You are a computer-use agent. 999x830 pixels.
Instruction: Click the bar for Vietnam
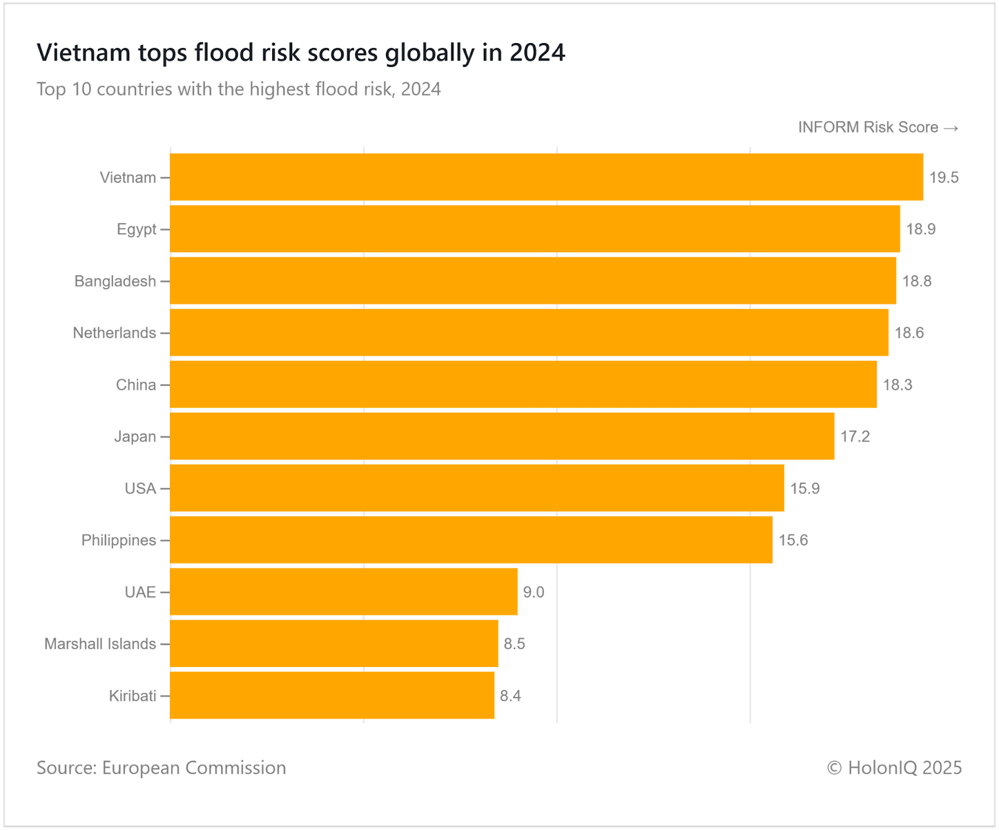546,177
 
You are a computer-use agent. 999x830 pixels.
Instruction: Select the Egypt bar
534,229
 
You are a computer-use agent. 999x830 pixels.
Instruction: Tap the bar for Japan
502,436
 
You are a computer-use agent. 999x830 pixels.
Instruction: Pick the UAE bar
343,591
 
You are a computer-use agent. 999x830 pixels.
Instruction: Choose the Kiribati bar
332,695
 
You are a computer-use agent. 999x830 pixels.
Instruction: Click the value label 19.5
943,177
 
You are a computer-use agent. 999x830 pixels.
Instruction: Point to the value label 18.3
897,385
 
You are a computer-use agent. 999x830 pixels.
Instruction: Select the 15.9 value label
805,488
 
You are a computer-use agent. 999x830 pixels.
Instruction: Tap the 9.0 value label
533,592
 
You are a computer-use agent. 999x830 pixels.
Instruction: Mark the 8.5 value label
514,644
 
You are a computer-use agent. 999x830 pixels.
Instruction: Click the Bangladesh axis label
116,281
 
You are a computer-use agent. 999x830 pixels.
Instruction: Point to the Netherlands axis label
114,333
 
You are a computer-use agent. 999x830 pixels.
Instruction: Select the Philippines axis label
119,540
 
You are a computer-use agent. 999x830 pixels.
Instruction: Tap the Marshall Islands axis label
100,644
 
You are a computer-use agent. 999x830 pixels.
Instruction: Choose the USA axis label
140,488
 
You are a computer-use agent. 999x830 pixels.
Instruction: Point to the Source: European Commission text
161,768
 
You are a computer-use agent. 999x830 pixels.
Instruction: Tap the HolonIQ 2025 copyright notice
894,768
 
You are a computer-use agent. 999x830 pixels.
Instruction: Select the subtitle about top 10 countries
239,89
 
